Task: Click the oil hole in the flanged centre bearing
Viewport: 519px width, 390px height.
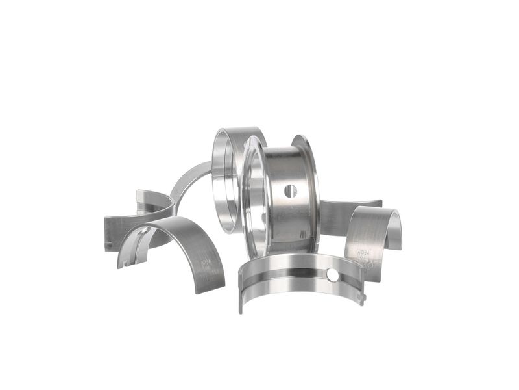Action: (290, 191)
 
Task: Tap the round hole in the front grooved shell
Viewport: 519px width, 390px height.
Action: (333, 275)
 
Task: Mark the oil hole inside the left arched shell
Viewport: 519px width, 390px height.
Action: (144, 231)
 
